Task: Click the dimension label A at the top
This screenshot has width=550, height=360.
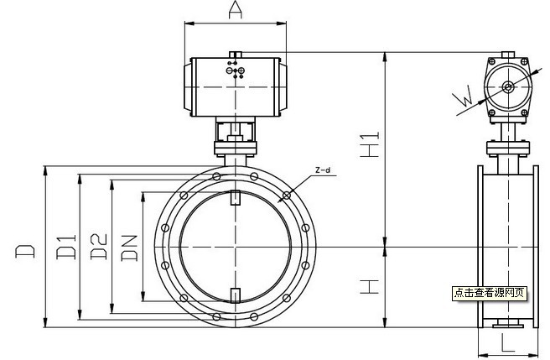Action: [236, 9]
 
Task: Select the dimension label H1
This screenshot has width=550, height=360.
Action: [370, 144]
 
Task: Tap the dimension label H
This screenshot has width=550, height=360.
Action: [370, 287]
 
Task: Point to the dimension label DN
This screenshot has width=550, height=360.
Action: [129, 248]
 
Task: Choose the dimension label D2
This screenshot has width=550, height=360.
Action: [99, 247]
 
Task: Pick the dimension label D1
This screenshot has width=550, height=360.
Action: [66, 247]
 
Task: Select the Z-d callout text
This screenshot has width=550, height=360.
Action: [323, 170]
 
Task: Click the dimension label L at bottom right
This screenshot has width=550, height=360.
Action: [507, 342]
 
